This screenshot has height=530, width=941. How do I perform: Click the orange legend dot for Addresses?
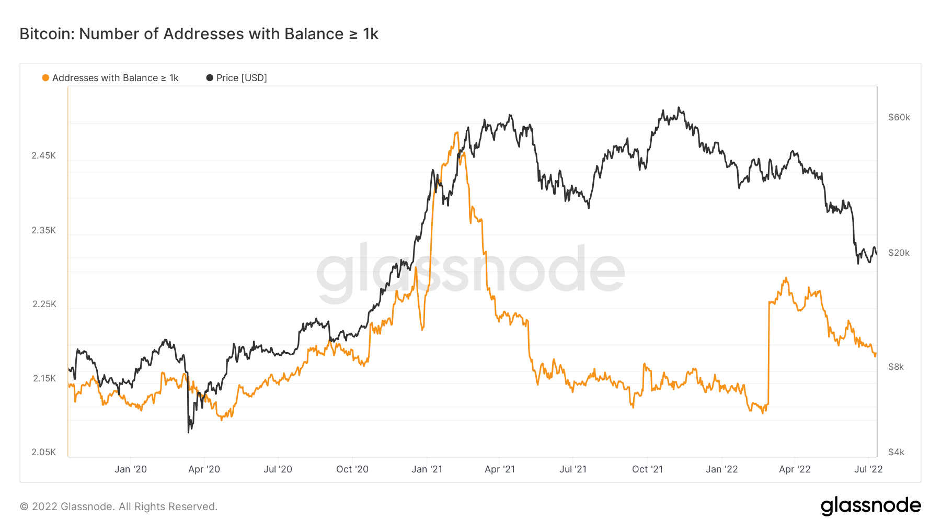coord(45,78)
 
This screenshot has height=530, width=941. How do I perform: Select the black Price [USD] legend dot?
coord(210,78)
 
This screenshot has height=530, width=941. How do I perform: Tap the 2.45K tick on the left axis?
coord(43,155)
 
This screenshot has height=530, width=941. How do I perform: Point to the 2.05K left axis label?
coord(43,452)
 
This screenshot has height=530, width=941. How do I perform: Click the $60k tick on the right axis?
coord(899,117)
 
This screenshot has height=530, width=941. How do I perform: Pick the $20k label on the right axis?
coord(899,253)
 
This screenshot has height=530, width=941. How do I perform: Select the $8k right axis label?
coord(896,367)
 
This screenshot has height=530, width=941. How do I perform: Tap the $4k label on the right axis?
coord(896,452)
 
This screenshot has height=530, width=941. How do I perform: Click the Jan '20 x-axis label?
coord(131,469)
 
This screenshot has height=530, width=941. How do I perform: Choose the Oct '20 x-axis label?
coord(352,469)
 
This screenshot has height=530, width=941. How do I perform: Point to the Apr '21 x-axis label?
coord(500,469)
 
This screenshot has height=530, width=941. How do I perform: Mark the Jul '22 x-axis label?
coord(868,469)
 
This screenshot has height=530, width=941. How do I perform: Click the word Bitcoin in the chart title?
coord(47,34)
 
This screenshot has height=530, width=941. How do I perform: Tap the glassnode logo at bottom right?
coord(870,506)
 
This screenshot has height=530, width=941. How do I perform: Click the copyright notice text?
coord(119,506)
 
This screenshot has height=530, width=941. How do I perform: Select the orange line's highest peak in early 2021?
coord(456,132)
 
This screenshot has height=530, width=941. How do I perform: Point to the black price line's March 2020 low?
coord(189,432)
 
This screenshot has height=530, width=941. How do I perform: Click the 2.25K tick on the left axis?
coord(44,304)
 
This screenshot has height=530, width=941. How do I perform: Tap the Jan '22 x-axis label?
coord(721,469)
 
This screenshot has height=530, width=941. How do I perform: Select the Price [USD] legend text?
coord(242,78)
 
